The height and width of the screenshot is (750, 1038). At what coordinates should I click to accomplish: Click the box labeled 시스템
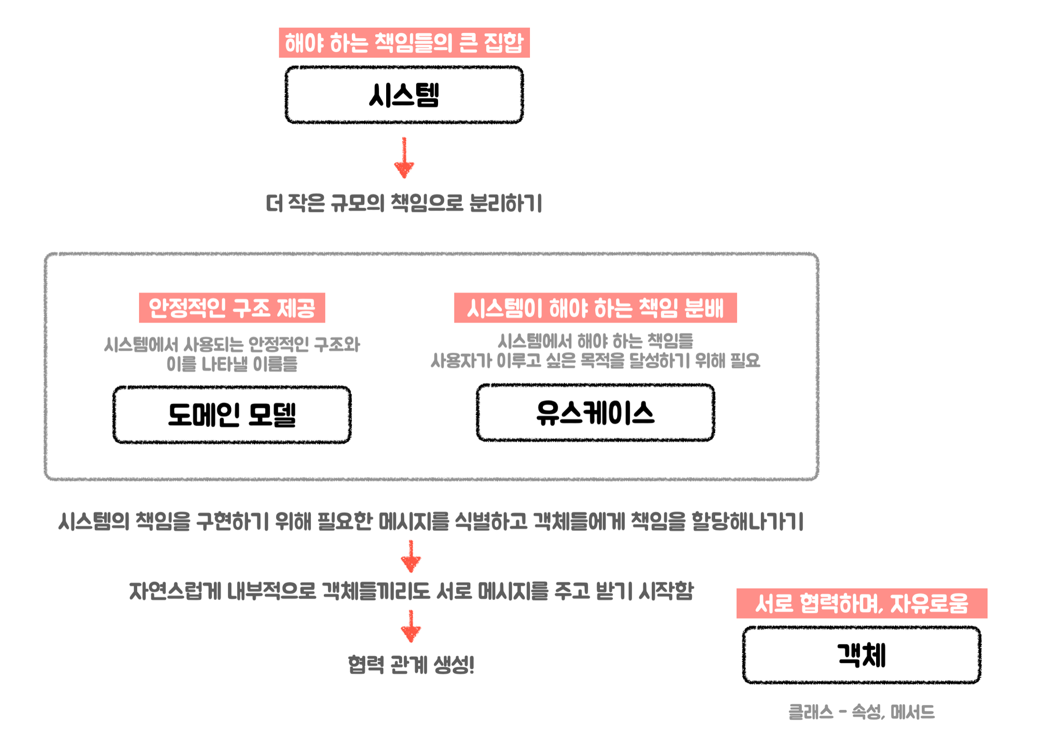click(x=404, y=95)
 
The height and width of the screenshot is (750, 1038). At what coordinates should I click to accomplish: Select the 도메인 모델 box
click(x=232, y=414)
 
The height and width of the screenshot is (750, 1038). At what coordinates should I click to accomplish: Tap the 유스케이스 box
click(x=595, y=413)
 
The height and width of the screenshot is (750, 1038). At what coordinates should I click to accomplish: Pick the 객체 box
click(x=862, y=655)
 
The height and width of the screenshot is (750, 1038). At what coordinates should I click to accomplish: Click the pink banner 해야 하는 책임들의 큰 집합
click(x=404, y=43)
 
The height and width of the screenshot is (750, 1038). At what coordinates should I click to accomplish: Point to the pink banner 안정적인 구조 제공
click(x=232, y=308)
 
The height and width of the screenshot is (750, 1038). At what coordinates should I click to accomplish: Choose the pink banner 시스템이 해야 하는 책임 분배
click(x=595, y=308)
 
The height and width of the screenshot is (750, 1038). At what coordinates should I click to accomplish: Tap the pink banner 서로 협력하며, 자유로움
click(x=862, y=604)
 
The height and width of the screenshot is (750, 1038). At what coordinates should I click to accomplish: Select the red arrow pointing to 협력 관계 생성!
click(x=411, y=626)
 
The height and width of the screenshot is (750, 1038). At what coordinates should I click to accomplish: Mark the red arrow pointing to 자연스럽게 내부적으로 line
click(x=411, y=556)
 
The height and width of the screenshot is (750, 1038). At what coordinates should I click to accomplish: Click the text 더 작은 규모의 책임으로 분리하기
click(x=404, y=203)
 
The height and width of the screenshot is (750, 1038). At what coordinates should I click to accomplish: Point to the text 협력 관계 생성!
click(x=411, y=664)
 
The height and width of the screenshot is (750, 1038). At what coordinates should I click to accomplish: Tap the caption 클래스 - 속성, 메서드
click(x=862, y=712)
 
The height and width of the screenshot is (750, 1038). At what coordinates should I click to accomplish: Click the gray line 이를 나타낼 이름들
click(x=232, y=364)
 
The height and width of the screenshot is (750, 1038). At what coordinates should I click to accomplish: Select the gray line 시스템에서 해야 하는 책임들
click(x=595, y=341)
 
